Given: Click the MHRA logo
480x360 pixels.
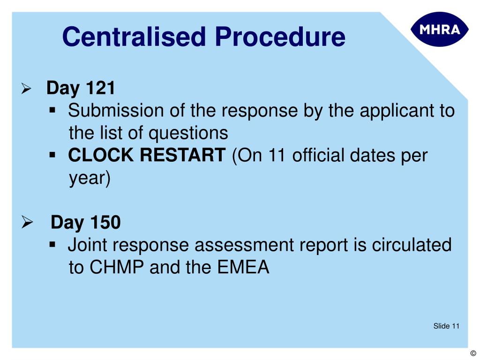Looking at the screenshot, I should click(x=439, y=29).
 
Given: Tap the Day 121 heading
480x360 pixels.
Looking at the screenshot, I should click(x=81, y=88).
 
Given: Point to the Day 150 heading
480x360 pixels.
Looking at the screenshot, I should click(x=85, y=222).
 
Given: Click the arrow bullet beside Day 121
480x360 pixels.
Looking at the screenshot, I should click(x=26, y=89).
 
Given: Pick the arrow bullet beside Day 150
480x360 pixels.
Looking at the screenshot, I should click(x=27, y=222).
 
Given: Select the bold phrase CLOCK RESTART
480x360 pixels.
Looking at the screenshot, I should click(x=147, y=155).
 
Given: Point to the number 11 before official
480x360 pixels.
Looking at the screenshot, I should click(x=278, y=155).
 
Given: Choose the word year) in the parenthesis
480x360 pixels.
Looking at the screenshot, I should click(x=90, y=178).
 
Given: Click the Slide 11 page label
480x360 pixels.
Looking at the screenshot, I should click(x=446, y=326).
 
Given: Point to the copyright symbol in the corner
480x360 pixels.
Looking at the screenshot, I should click(x=472, y=354).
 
